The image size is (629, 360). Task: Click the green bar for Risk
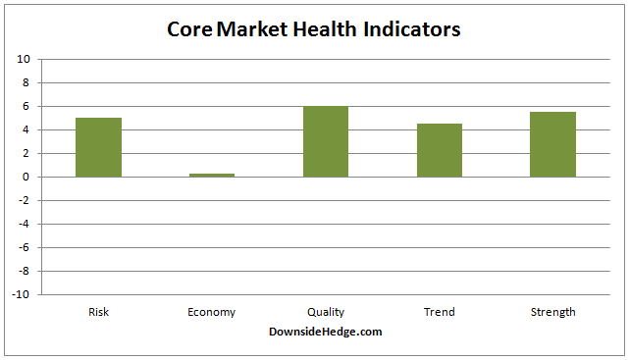point(98,147)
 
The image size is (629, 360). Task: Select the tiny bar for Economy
point(212,175)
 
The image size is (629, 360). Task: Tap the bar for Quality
point(326,141)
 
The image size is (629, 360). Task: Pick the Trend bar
point(439,150)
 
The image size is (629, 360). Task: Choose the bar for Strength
point(552,144)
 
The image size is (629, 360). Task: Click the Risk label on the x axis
point(98,312)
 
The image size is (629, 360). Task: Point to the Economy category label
point(212,312)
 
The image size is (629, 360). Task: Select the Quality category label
point(326,312)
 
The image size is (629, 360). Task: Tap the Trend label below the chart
point(439,312)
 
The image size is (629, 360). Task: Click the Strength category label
point(552,312)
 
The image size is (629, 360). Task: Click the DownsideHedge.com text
point(325,332)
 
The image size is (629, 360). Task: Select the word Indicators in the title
point(411,29)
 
